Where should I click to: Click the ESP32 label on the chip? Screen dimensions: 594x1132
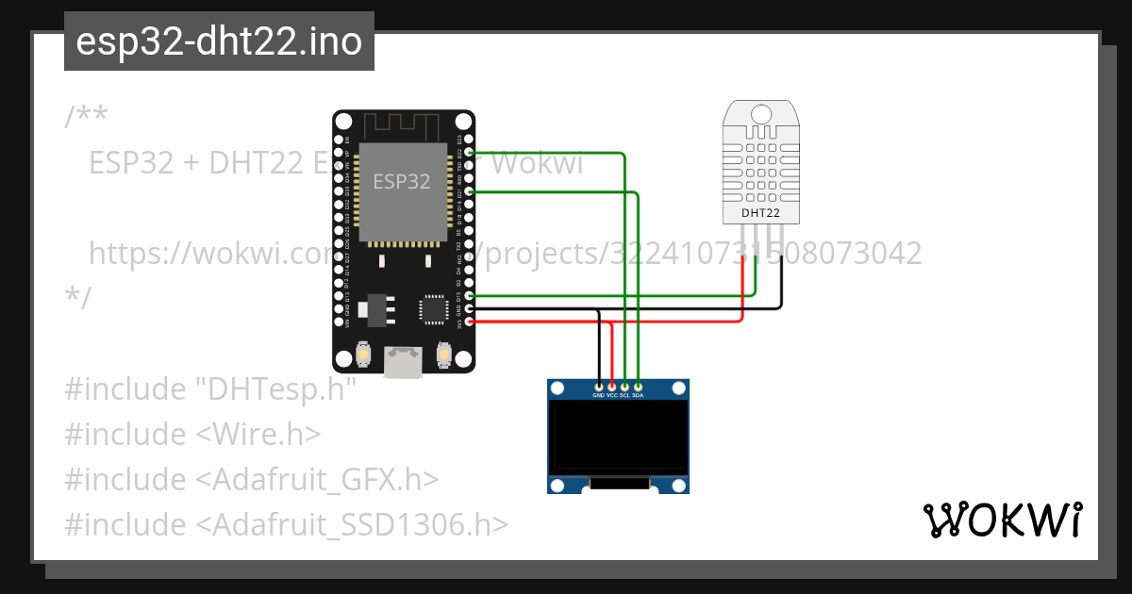(401, 182)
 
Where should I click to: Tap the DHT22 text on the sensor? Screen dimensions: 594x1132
(760, 213)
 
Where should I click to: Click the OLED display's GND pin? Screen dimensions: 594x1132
(598, 387)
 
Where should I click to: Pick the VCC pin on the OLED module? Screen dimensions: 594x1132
(611, 387)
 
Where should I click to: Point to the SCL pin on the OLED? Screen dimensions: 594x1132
(624, 387)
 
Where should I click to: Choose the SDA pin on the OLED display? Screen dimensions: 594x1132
(638, 387)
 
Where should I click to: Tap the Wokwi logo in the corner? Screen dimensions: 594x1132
(1002, 520)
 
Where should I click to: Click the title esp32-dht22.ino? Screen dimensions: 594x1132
(219, 41)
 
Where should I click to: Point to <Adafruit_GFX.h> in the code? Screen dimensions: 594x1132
(318, 479)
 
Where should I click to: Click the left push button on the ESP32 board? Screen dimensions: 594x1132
(363, 355)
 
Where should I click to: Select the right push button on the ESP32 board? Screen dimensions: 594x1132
(443, 355)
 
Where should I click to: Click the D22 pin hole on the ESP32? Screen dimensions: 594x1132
(470, 152)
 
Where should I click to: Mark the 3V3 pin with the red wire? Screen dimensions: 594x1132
(470, 322)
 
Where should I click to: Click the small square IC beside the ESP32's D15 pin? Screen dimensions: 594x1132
(433, 307)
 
